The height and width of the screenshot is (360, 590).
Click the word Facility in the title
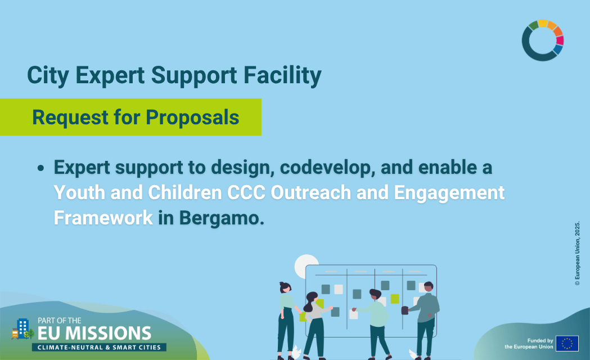(282, 75)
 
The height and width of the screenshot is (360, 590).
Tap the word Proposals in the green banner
(192, 118)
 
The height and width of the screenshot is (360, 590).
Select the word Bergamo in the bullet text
(221, 218)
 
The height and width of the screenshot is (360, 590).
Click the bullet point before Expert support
(40, 168)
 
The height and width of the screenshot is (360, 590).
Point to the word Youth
(79, 192)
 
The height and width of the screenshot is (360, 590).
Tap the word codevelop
(327, 168)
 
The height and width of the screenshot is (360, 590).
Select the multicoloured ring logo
(543, 40)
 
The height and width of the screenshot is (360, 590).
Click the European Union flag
(567, 344)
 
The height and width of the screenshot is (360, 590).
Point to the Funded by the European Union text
(529, 344)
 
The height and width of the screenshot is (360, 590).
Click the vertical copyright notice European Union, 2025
(577, 253)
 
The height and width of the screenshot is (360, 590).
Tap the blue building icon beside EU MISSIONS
(22, 328)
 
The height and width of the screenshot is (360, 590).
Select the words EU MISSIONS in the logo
(94, 334)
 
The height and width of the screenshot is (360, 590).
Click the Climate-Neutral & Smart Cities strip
(99, 347)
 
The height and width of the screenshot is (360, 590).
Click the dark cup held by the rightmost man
(405, 310)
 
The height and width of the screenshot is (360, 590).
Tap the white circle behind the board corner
(306, 265)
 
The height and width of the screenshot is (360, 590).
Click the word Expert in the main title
(110, 75)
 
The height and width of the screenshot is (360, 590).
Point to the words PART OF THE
(60, 321)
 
